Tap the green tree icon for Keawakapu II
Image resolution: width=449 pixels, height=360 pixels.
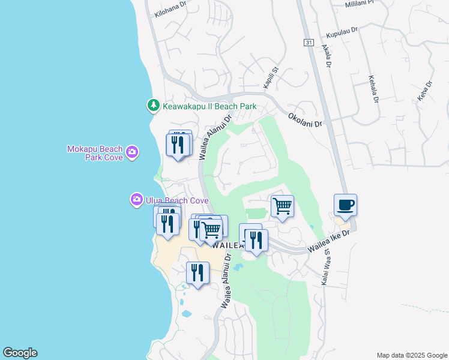[153, 106]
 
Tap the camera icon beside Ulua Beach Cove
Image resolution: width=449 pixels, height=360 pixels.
[137, 199]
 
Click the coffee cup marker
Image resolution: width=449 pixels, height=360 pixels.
[345, 206]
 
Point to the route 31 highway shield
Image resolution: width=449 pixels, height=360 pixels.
[309, 43]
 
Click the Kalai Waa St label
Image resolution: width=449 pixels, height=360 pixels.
[328, 268]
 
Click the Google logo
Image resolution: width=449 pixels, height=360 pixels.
[20, 353]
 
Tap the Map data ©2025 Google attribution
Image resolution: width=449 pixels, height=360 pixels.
[411, 355]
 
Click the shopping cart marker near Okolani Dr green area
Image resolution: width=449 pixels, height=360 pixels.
[282, 206]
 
